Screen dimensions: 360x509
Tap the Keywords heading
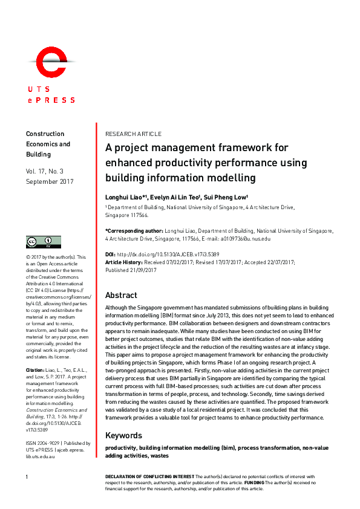tap(123, 435)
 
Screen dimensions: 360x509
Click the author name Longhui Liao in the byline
tap(125, 197)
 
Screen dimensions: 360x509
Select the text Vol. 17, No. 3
tap(53, 172)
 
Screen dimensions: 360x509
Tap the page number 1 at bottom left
tap(27, 478)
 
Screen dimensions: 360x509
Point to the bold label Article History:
tap(125, 262)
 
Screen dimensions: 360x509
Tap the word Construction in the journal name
tap(45, 134)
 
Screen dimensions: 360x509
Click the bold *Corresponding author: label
tap(134, 231)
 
